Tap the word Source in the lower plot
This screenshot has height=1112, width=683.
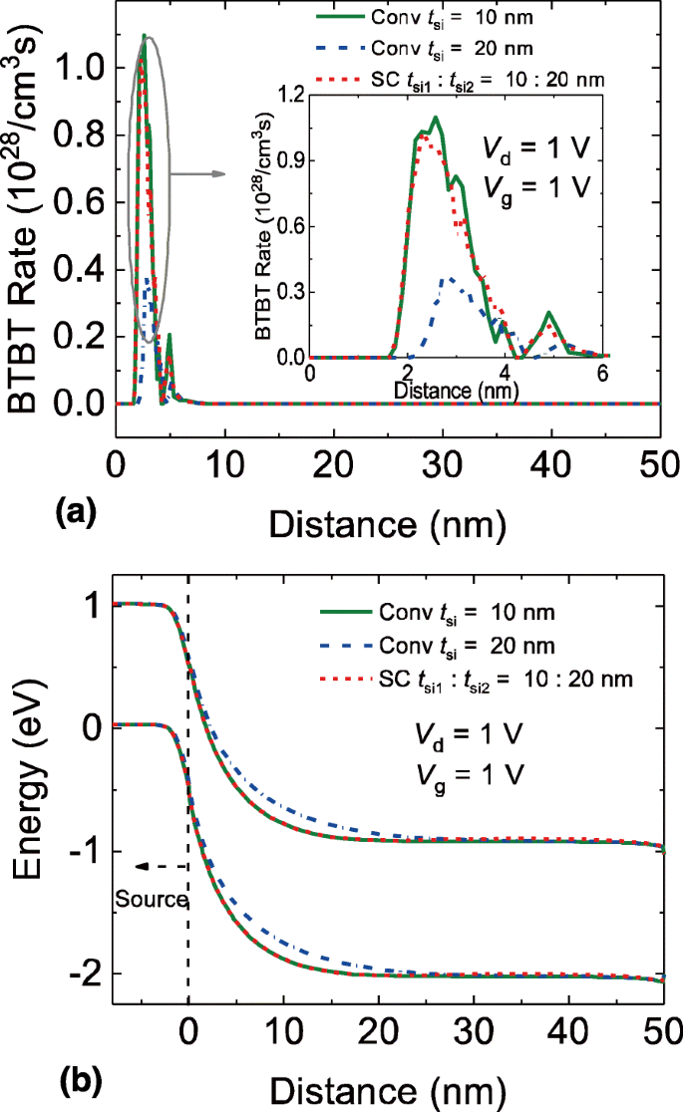click(x=152, y=900)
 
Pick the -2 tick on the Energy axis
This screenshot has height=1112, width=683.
click(x=87, y=973)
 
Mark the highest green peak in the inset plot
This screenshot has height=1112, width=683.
click(x=436, y=118)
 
